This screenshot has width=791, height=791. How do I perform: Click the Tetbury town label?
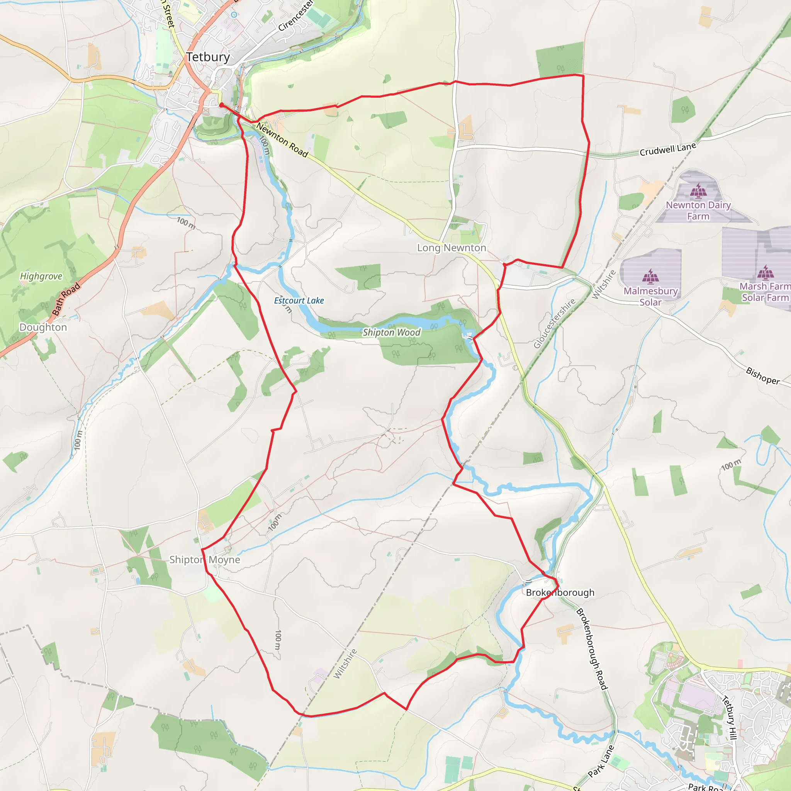pyautogui.click(x=208, y=57)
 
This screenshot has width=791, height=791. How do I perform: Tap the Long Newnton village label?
pyautogui.click(x=452, y=248)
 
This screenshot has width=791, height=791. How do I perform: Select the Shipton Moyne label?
pyautogui.click(x=205, y=560)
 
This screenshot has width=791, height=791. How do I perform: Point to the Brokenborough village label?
pyautogui.click(x=560, y=592)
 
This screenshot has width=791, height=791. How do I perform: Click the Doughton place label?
pyautogui.click(x=43, y=327)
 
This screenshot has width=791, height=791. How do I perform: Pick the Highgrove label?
pyautogui.click(x=41, y=277)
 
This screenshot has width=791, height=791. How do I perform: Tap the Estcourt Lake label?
pyautogui.click(x=299, y=300)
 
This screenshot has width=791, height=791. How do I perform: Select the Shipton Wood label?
pyautogui.click(x=391, y=333)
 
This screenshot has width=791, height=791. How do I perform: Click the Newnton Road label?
pyautogui.click(x=282, y=139)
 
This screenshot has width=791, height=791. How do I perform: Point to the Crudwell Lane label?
pyautogui.click(x=668, y=149)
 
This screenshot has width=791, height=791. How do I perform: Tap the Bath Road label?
pyautogui.click(x=66, y=299)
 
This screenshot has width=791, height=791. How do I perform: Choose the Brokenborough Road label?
pyautogui.click(x=592, y=649)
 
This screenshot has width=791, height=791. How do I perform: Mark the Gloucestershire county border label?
pyautogui.click(x=554, y=323)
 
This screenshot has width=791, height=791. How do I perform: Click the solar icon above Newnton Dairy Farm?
pyautogui.click(x=698, y=191)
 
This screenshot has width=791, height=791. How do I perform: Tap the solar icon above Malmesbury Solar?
pyautogui.click(x=650, y=277)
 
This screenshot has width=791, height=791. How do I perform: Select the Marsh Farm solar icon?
pyautogui.click(x=765, y=272)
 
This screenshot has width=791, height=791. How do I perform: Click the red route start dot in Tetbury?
pyautogui.click(x=221, y=105)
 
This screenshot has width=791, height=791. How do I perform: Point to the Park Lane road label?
pyautogui.click(x=601, y=761)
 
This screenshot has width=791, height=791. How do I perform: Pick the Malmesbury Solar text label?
pyautogui.click(x=650, y=296)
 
